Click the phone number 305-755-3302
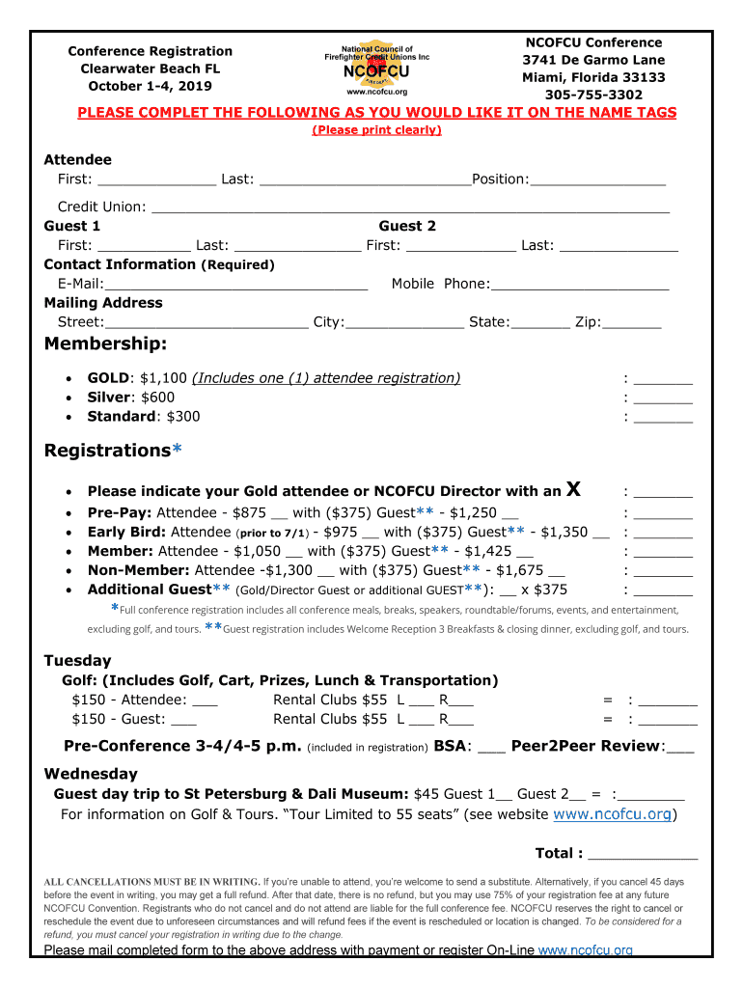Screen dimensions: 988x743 tap(593, 95)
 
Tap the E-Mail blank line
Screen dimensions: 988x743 tap(235, 285)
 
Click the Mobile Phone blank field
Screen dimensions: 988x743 tap(580, 285)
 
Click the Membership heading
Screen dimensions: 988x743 tap(106, 344)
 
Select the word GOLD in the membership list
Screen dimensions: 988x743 tap(108, 378)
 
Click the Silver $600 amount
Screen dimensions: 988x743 tap(157, 398)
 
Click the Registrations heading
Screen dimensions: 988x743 tap(107, 451)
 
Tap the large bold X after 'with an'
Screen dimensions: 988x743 tap(573, 489)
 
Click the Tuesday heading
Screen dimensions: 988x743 tap(77, 661)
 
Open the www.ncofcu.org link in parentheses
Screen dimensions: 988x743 tap(612, 814)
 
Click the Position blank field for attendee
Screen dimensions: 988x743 tap(597, 180)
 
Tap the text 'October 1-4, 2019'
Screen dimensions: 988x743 tap(150, 86)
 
